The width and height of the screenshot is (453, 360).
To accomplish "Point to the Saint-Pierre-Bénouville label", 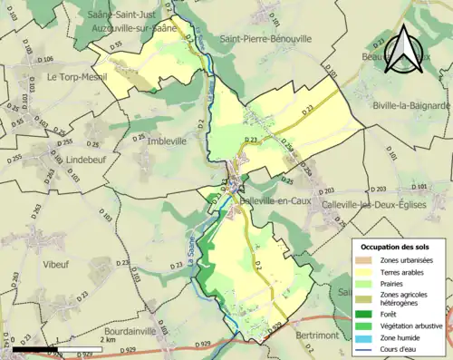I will pos(265,39).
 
